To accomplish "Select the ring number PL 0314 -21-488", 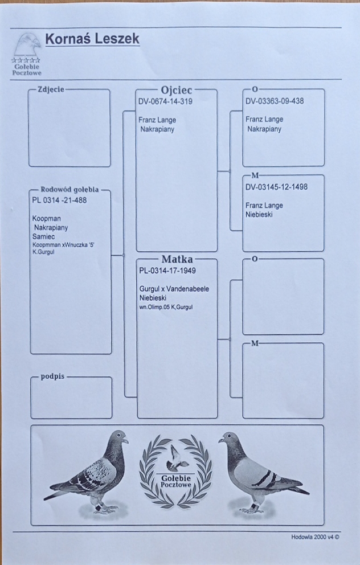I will [60, 200].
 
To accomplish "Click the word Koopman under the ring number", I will [47, 218].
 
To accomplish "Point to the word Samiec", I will [45, 236].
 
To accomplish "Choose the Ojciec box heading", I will [177, 90].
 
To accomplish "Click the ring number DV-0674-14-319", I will [165, 102].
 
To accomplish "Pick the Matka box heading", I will [177, 259].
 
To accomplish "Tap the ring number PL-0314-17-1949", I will [167, 271].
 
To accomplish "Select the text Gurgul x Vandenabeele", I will [174, 289].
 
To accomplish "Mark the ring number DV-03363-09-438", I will [275, 101].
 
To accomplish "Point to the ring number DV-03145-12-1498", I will [276, 187].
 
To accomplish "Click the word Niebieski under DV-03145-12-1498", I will [260, 214].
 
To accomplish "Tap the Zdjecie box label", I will [50, 89].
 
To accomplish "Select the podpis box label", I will [52, 377].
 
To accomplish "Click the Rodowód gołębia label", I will [69, 190].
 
